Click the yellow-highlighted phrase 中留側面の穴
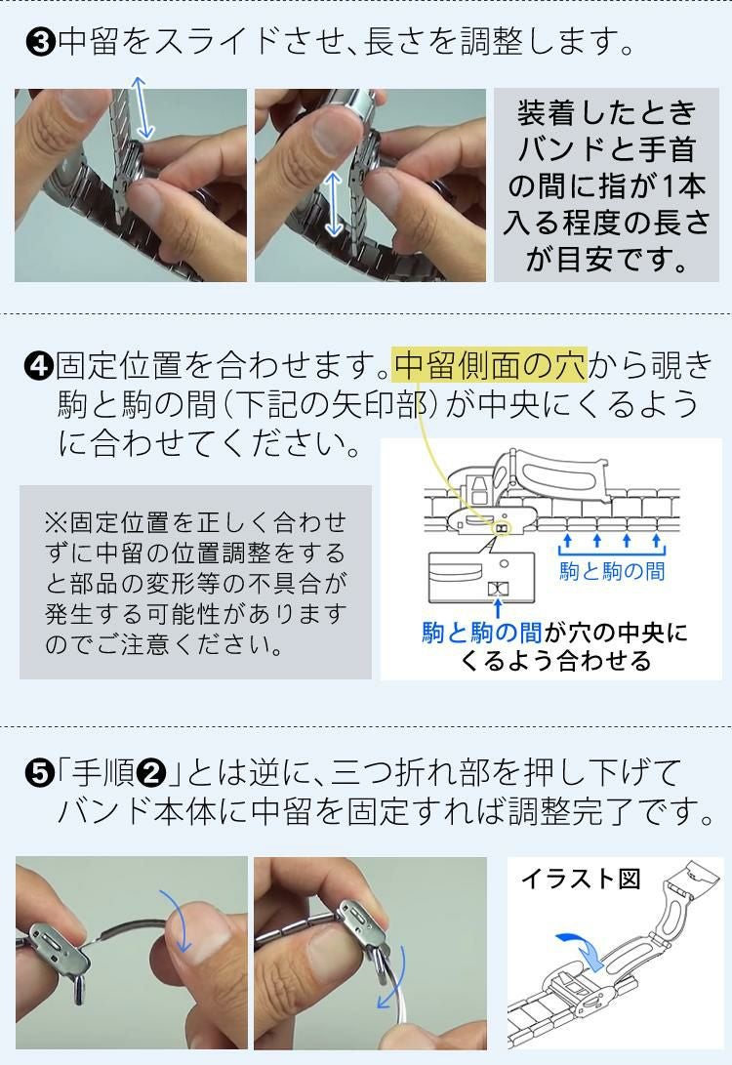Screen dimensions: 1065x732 tap(490, 365)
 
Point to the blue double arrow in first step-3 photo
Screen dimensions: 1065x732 tap(142, 108)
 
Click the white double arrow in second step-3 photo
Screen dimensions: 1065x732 tap(335, 202)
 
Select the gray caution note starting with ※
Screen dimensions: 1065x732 tap(195, 582)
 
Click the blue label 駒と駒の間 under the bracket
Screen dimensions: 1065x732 tap(611, 571)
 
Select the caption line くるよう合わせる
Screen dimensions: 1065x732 tap(554, 661)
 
